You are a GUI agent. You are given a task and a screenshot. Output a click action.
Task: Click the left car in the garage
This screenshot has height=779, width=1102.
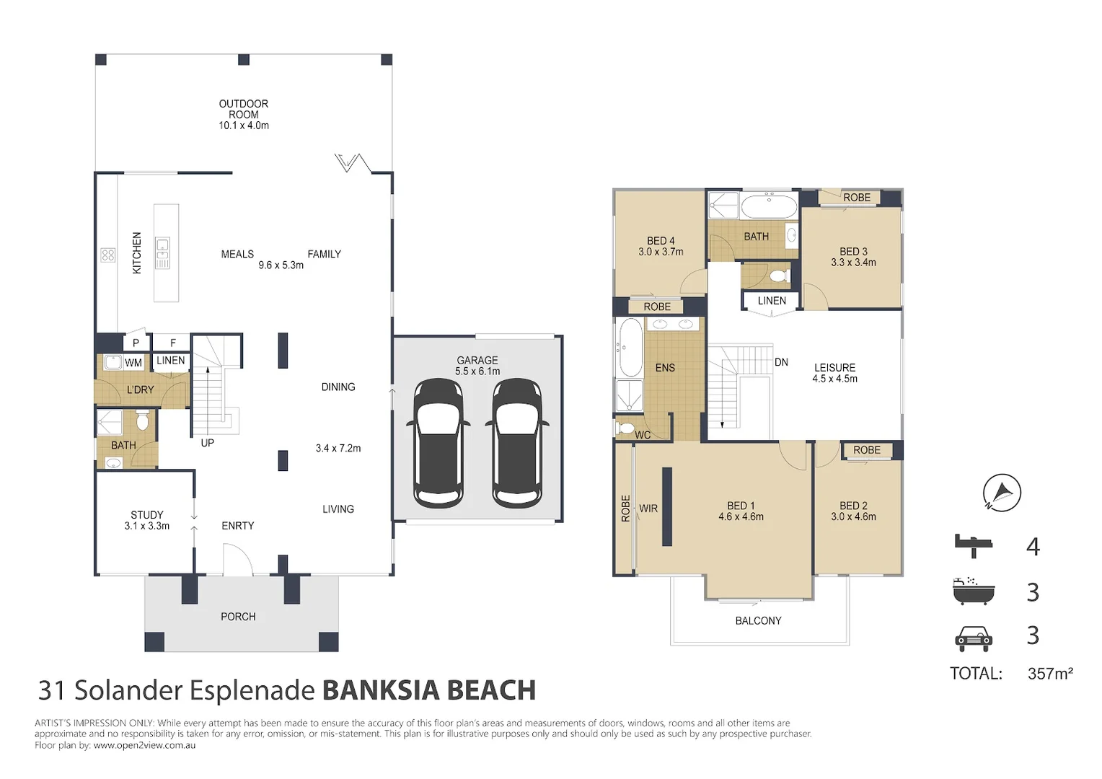click(x=438, y=444)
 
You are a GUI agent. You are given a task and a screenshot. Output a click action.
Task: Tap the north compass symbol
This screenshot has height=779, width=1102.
click(x=1002, y=493)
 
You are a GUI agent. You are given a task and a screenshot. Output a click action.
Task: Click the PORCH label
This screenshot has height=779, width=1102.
click(x=238, y=617)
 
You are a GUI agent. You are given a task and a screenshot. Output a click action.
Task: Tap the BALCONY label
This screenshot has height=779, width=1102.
click(x=758, y=621)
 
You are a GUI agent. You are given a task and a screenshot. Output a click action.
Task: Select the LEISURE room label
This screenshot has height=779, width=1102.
click(x=835, y=368)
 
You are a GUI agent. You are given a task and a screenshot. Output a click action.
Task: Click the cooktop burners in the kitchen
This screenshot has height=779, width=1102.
click(x=108, y=255)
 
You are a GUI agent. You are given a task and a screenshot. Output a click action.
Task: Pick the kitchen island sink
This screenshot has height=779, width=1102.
click(x=162, y=253)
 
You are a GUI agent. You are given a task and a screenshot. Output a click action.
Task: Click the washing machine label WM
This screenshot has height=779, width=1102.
click(x=133, y=363)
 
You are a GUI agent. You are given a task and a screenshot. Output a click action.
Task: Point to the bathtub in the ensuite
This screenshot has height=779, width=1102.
click(x=630, y=348)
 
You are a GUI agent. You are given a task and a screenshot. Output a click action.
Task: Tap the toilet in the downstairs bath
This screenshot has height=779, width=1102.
click(x=142, y=421)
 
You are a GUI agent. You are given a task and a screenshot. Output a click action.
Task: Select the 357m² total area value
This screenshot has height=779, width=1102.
click(x=1050, y=673)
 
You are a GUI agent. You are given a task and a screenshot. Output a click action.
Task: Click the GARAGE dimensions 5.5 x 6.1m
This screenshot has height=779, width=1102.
click(x=477, y=371)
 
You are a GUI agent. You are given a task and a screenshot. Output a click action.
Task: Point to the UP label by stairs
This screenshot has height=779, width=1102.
click(x=207, y=443)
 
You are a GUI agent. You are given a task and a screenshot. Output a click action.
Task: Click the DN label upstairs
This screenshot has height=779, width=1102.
click(x=781, y=362)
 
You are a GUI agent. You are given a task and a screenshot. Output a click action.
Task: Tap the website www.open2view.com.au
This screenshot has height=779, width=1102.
click(x=145, y=745)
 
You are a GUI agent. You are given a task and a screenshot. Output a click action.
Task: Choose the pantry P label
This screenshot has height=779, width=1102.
click(x=136, y=343)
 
